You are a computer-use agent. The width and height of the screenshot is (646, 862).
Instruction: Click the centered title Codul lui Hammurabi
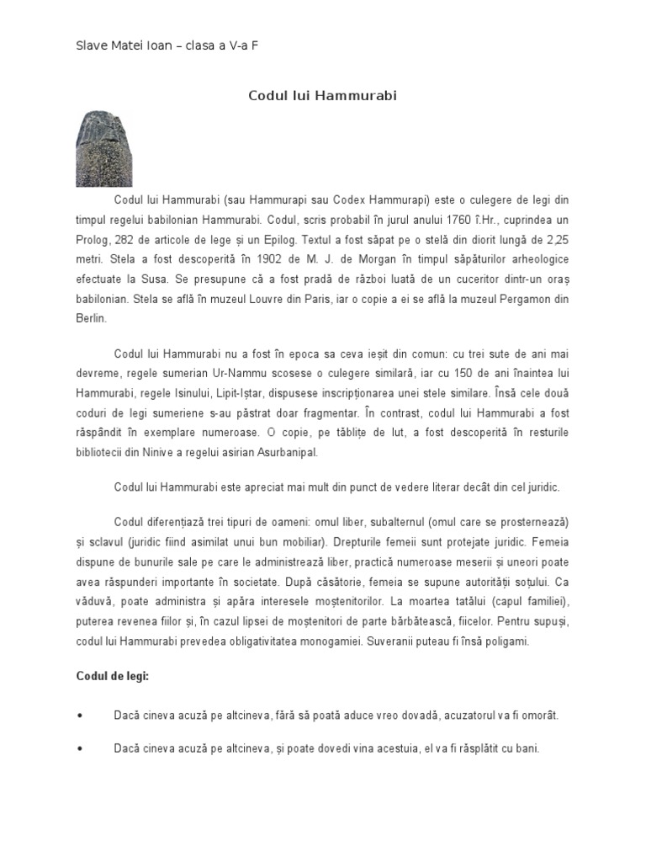322,96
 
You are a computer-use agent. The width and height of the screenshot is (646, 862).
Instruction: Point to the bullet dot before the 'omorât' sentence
80,715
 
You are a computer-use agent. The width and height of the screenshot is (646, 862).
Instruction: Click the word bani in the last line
527,748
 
